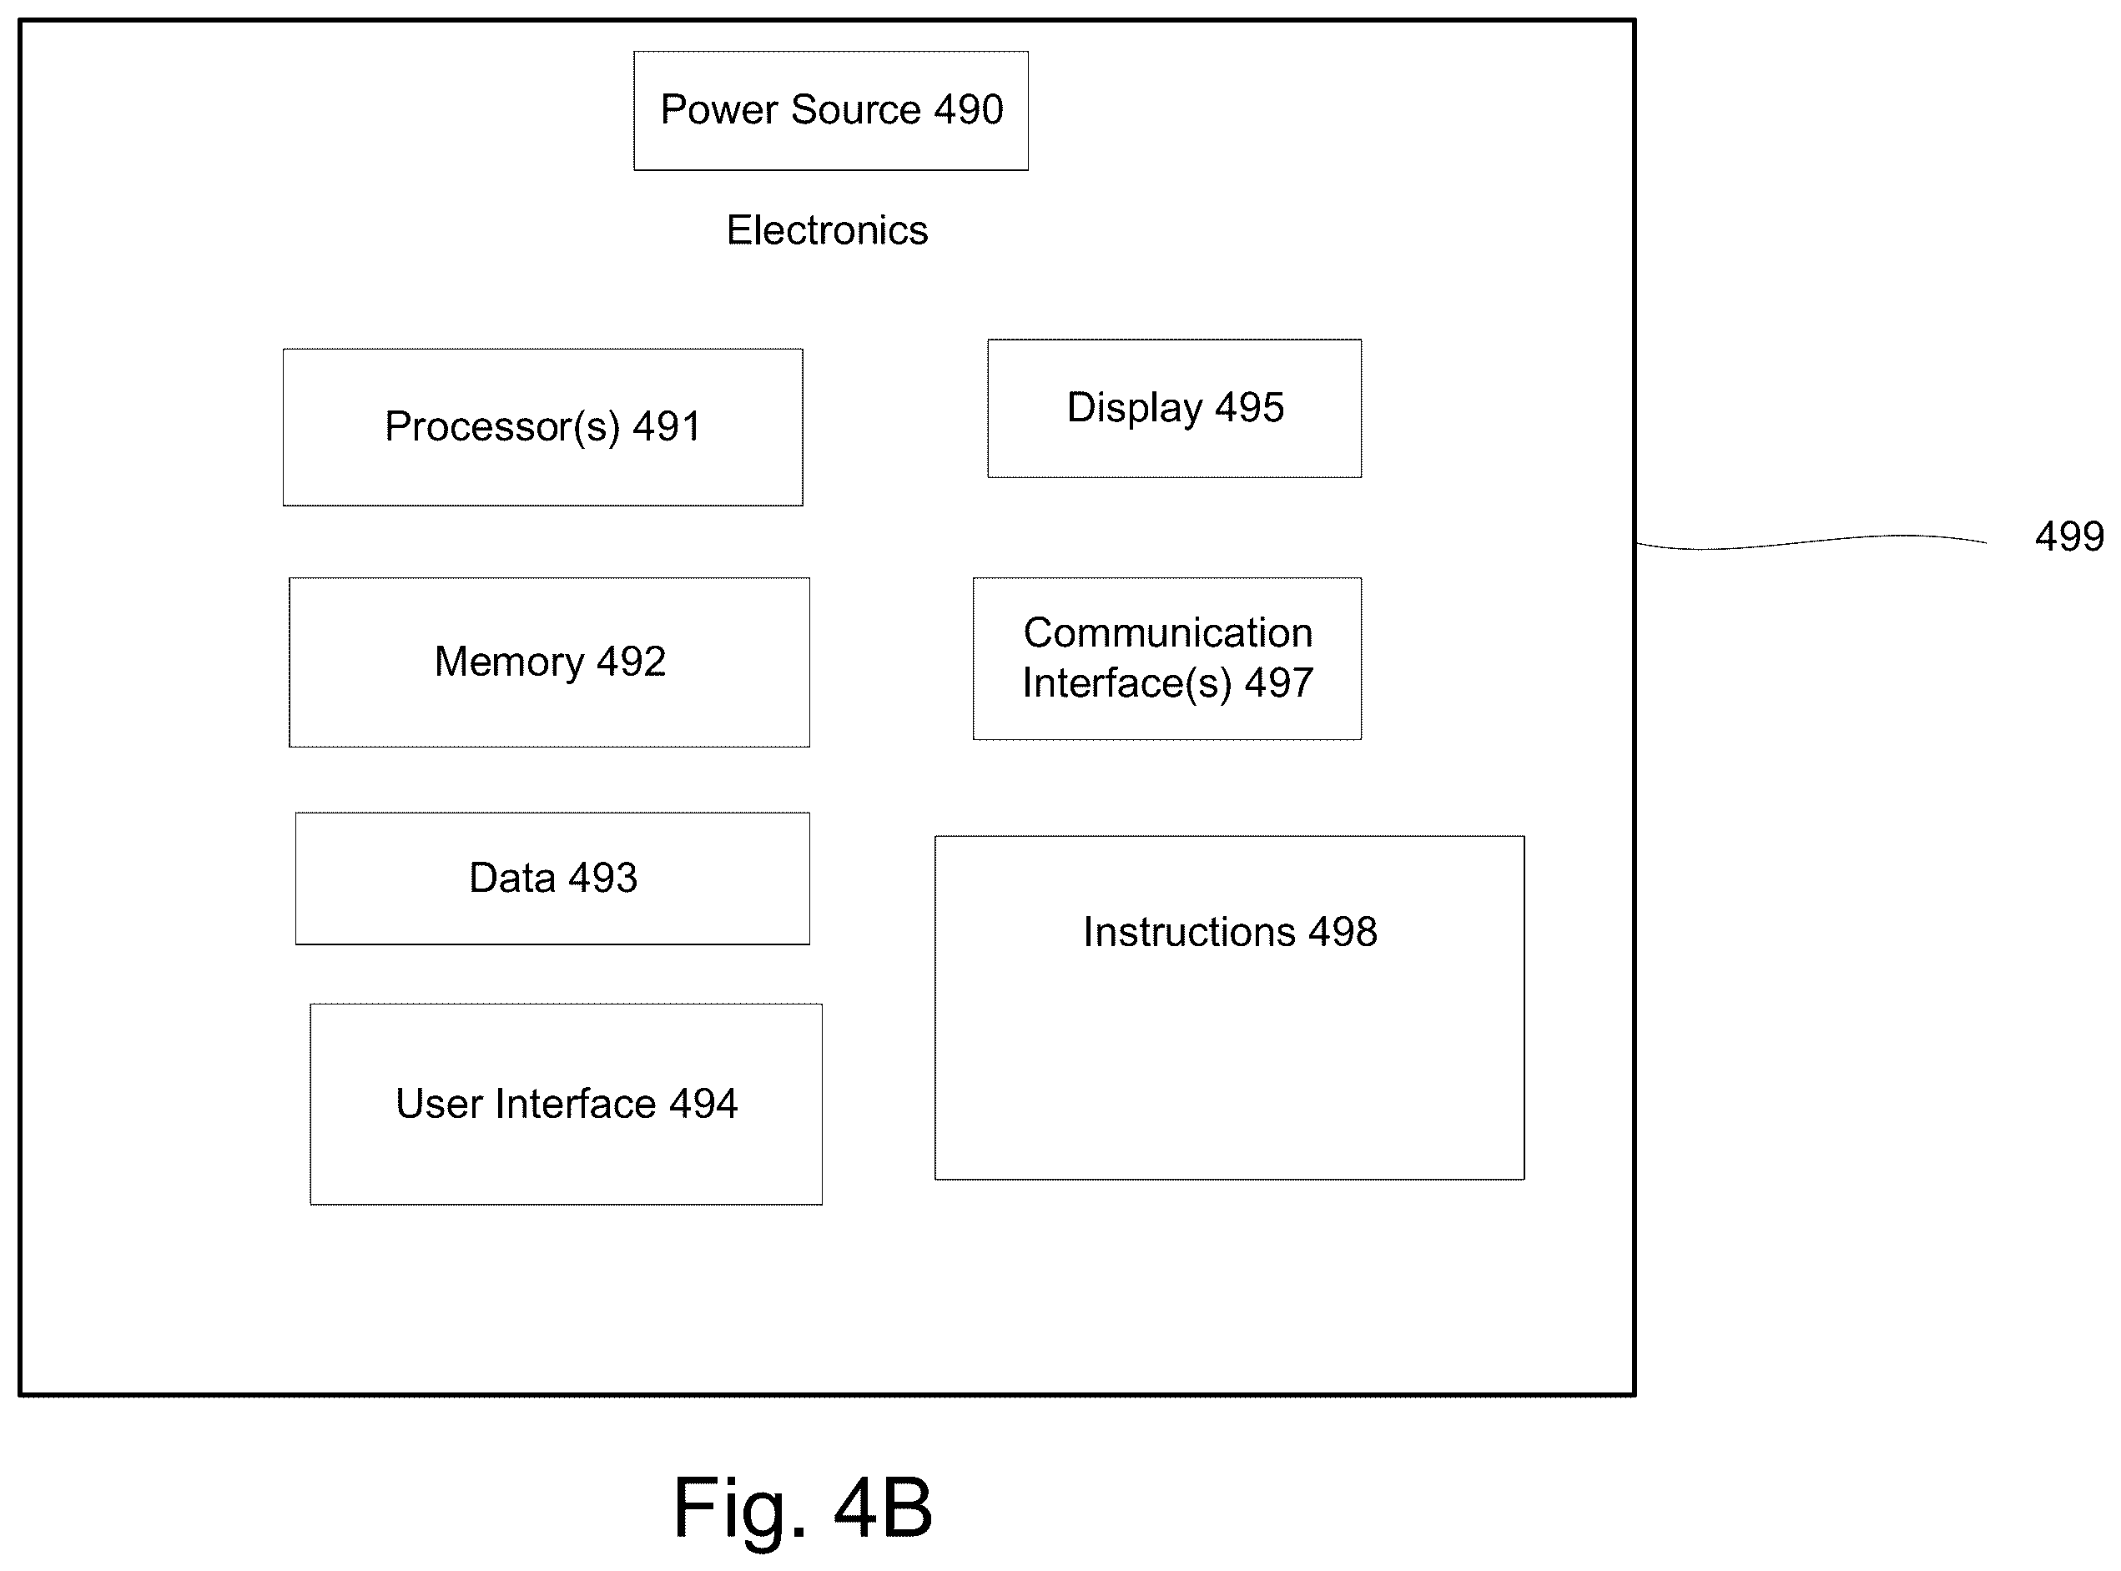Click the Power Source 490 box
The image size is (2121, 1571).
830,110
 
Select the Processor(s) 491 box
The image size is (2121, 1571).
542,427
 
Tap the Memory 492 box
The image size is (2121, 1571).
549,662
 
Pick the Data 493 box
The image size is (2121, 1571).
552,878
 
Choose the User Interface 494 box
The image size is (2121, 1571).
566,1104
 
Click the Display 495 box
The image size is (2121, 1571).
1174,408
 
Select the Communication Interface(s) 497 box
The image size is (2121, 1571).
1167,658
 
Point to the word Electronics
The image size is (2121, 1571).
827,230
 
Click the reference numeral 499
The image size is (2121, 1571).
2068,536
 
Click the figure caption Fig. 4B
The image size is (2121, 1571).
802,1508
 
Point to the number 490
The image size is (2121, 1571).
968,109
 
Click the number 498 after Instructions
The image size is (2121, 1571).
1342,932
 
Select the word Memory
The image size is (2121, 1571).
509,662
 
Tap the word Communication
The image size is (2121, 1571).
1168,632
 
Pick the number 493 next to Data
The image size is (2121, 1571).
603,877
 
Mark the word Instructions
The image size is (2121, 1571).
1189,932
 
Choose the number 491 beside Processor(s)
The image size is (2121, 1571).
666,426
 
